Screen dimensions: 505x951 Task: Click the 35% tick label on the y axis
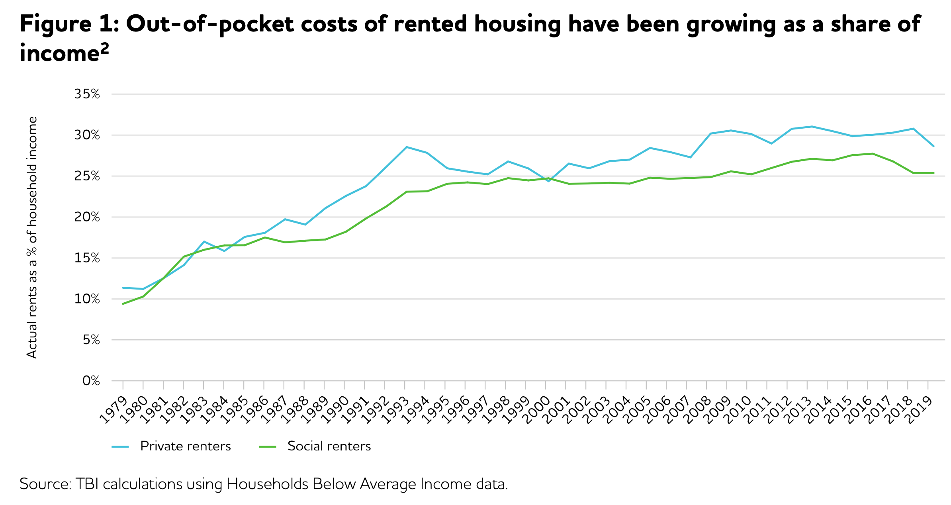[87, 94]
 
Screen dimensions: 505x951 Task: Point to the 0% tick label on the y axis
[91, 381]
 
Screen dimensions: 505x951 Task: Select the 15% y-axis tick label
[87, 258]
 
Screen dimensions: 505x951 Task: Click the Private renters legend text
[186, 446]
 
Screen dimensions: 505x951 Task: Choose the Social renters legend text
[329, 446]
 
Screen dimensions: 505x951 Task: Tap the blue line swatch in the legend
[120, 447]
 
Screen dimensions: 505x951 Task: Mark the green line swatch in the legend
[268, 447]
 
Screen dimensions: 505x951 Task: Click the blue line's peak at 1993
[406, 147]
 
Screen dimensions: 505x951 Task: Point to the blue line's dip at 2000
[548, 181]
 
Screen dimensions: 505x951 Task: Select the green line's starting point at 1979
[123, 304]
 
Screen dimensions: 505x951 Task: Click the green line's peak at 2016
[873, 154]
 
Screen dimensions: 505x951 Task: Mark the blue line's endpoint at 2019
[933, 146]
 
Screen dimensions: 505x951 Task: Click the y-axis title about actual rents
[32, 237]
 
